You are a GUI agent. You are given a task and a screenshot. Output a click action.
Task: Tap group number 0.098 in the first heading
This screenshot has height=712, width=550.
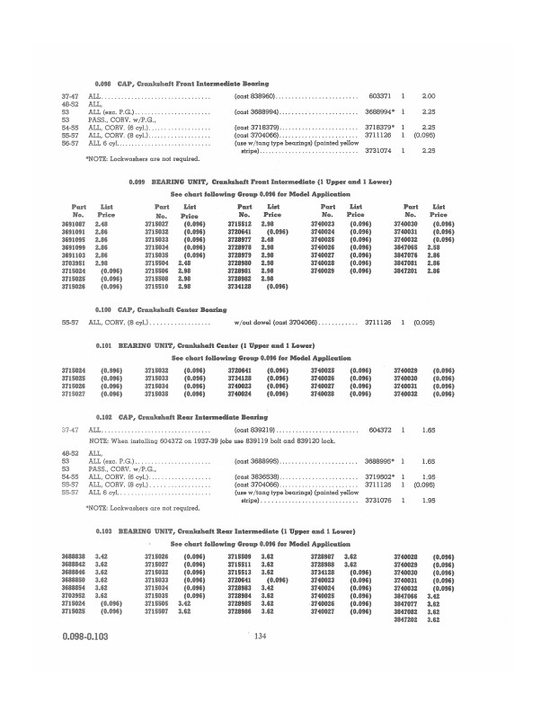pos(104,82)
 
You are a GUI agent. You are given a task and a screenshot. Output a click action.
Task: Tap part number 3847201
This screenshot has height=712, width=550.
pos(408,270)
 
